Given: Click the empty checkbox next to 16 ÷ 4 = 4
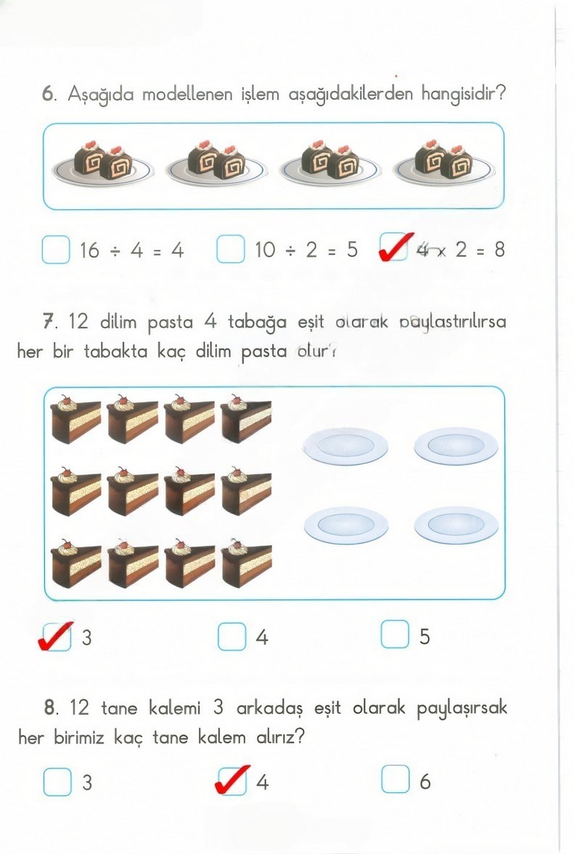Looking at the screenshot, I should tap(56, 250).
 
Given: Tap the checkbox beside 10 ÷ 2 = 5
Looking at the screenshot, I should tap(231, 250).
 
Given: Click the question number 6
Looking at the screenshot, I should tap(49, 94).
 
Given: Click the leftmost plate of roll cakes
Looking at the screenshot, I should tap(102, 163).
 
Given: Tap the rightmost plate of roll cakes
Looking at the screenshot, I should tap(444, 163).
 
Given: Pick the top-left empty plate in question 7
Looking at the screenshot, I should tap(346, 445).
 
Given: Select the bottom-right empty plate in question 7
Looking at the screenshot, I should tap(456, 524).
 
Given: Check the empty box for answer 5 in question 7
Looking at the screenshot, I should tap(395, 636).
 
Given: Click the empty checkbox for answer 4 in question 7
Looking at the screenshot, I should tap(231, 637).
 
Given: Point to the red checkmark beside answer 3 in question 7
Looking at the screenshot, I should tap(56, 635).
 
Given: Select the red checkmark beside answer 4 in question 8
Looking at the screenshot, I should tap(233, 780).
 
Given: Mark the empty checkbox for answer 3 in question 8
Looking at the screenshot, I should tap(57, 781).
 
